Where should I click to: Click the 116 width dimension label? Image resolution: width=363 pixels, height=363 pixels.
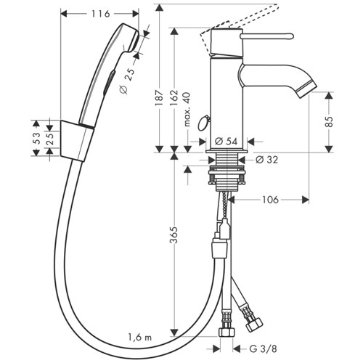pyautogui.click(x=100, y=14)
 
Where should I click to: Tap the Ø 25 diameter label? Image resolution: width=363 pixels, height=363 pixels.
pyautogui.click(x=127, y=81)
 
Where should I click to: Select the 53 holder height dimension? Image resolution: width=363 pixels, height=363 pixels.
pyautogui.click(x=36, y=139)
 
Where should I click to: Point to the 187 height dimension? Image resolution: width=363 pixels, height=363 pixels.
pyautogui.click(x=159, y=97)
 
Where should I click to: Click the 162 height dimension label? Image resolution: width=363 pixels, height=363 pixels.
pyautogui.click(x=174, y=97)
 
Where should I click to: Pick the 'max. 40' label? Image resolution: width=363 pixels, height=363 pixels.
pyautogui.click(x=187, y=110)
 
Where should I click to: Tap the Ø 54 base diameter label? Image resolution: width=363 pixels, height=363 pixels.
pyautogui.click(x=226, y=142)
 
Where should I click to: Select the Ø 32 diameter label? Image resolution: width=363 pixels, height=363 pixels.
pyautogui.click(x=267, y=160)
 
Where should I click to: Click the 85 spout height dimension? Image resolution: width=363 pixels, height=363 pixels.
pyautogui.click(x=329, y=122)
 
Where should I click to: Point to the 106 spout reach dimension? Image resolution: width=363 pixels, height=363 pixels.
pyautogui.click(x=270, y=200)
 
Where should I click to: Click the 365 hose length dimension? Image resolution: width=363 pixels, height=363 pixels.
pyautogui.click(x=174, y=234)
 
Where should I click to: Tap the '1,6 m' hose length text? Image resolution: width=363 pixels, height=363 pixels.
pyautogui.click(x=140, y=337)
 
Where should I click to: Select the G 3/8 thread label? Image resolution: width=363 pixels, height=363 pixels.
pyautogui.click(x=263, y=348)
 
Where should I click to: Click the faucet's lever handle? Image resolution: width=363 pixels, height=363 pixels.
pyautogui.click(x=267, y=36)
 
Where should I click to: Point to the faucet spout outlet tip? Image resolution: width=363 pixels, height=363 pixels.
pyautogui.click(x=307, y=90)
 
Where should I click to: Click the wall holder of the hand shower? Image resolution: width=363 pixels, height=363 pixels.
pyautogui.click(x=76, y=140)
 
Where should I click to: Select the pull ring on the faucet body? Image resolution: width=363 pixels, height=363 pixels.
pyautogui.click(x=204, y=123)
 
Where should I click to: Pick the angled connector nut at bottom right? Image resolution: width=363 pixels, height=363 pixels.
pyautogui.click(x=254, y=325)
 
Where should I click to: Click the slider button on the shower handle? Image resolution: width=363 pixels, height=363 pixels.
pyautogui.click(x=109, y=82)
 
